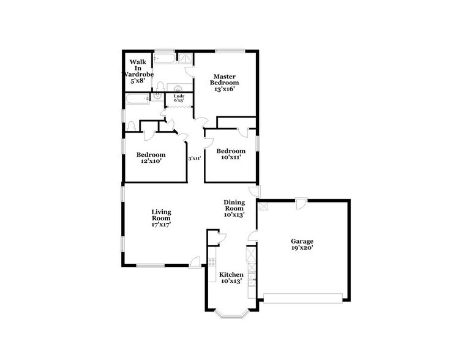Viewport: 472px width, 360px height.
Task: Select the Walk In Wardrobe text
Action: point(137,71)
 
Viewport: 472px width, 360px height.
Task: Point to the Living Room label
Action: point(161,218)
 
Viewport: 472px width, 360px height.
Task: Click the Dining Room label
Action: point(234,208)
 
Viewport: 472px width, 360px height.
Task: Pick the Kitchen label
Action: point(231,277)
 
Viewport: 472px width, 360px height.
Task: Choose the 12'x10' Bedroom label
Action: point(151,158)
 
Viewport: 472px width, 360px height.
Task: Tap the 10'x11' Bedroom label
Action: point(231,154)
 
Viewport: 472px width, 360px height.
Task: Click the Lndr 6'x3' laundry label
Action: point(179,98)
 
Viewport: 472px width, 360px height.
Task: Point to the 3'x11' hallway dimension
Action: point(195,158)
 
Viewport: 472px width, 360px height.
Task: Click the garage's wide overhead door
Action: point(302,298)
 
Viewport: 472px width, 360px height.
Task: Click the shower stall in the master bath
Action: point(185,58)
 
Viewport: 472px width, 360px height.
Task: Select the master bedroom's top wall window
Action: point(229,50)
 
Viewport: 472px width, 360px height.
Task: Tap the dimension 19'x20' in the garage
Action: point(302,249)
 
